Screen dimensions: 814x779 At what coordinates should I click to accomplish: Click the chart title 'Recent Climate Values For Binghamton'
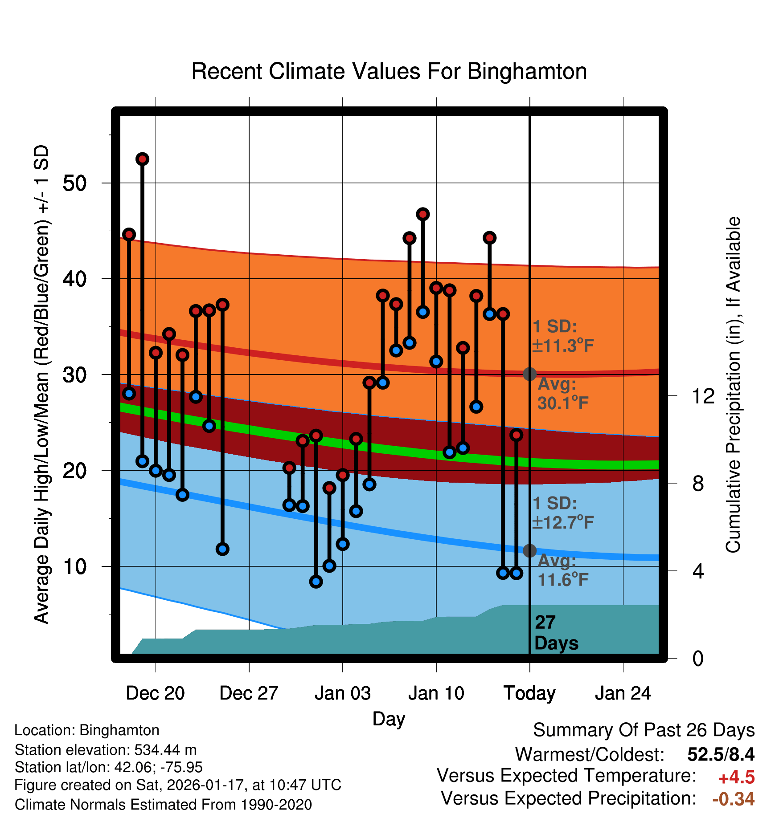(389, 71)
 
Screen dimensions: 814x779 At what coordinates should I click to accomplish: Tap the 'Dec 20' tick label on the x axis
(155, 693)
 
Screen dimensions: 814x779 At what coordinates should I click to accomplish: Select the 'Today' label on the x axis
(529, 693)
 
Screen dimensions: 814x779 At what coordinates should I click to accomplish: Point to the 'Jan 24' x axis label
(623, 693)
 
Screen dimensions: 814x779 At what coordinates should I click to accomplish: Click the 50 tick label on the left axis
(75, 183)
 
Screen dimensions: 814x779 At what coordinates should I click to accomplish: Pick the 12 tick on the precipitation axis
(703, 396)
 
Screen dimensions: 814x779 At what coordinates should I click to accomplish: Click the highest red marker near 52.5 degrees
(142, 159)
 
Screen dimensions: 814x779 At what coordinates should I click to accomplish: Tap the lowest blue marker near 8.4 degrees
(316, 582)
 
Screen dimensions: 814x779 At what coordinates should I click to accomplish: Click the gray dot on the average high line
(529, 374)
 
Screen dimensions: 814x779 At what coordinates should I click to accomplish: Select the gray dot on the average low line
(529, 551)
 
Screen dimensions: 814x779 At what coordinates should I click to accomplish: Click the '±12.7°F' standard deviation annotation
(563, 522)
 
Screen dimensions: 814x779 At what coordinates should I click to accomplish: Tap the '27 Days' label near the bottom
(556, 633)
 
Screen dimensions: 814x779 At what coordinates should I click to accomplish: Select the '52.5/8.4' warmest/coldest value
(721, 755)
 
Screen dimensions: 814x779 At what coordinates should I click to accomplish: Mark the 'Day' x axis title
(389, 719)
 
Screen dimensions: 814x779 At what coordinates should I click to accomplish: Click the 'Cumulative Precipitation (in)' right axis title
(733, 385)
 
